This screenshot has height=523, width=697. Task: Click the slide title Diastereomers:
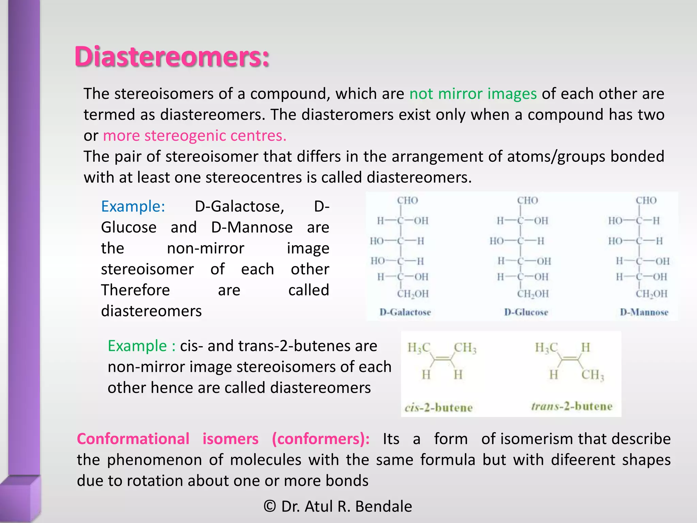coord(172,56)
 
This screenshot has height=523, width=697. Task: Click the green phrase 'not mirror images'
coord(473,94)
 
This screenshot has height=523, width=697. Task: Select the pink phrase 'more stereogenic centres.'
coord(195,136)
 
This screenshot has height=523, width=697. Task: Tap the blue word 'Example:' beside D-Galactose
coord(133,206)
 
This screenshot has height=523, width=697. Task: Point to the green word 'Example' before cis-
coord(137,346)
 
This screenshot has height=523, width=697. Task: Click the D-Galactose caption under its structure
coord(405,312)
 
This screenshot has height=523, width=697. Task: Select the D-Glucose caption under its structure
coord(526,312)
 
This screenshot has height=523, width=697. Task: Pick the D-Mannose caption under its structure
coord(644,312)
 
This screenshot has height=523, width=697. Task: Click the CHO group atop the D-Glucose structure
coord(528,200)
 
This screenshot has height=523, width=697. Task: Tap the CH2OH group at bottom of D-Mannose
coord(651,294)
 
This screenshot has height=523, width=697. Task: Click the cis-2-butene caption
coord(438,408)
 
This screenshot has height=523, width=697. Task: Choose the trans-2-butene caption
coord(572,406)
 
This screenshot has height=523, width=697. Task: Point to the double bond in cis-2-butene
coord(442,358)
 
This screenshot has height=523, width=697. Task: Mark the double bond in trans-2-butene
coord(570,358)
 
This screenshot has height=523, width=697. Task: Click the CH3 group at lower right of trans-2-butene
coord(593,375)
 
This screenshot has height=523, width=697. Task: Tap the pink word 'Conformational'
coord(133,439)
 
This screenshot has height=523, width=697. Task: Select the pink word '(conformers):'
coord(321,439)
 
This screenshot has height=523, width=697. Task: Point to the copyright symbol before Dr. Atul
coord(270,506)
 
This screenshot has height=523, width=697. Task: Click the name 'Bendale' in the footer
coord(384,506)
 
